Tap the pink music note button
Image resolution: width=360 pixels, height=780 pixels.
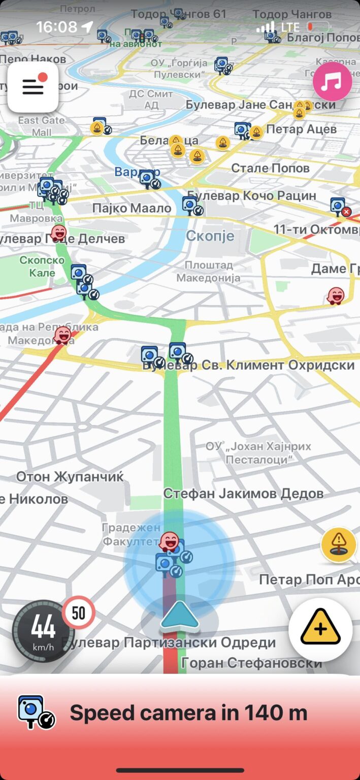click(x=332, y=81)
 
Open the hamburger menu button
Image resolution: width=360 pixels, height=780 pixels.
click(x=33, y=87)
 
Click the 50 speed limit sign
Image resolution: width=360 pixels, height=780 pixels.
click(x=79, y=613)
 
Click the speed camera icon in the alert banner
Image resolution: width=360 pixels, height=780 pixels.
click(x=36, y=712)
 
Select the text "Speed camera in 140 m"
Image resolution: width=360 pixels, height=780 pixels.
click(x=188, y=713)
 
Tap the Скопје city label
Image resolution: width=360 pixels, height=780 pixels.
click(x=210, y=236)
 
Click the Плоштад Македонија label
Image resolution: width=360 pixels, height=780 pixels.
click(x=208, y=272)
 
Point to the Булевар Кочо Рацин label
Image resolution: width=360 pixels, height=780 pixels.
click(x=252, y=196)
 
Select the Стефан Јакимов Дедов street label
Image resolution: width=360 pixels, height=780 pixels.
click(x=243, y=493)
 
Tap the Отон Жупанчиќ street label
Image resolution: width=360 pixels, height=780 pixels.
click(x=70, y=476)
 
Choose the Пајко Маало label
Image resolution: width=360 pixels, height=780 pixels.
click(x=132, y=208)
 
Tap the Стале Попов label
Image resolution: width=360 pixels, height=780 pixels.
click(x=270, y=168)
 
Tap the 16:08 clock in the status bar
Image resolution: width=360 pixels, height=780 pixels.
click(x=56, y=26)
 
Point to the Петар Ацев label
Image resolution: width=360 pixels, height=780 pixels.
click(x=301, y=129)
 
